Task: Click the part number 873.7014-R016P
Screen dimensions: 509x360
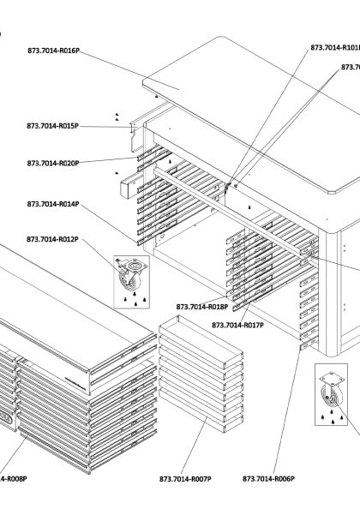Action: click(x=52, y=51)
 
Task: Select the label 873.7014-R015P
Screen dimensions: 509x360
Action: click(x=52, y=126)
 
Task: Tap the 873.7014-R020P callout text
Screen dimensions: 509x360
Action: click(x=52, y=163)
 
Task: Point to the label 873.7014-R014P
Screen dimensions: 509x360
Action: click(x=52, y=205)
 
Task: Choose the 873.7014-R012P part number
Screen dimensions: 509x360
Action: click(x=52, y=239)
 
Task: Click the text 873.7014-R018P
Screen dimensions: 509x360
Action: click(x=202, y=307)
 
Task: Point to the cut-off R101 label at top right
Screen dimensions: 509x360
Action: click(x=335, y=48)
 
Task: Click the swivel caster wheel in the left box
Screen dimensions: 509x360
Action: click(x=130, y=276)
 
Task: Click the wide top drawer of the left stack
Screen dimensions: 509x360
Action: click(x=69, y=308)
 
